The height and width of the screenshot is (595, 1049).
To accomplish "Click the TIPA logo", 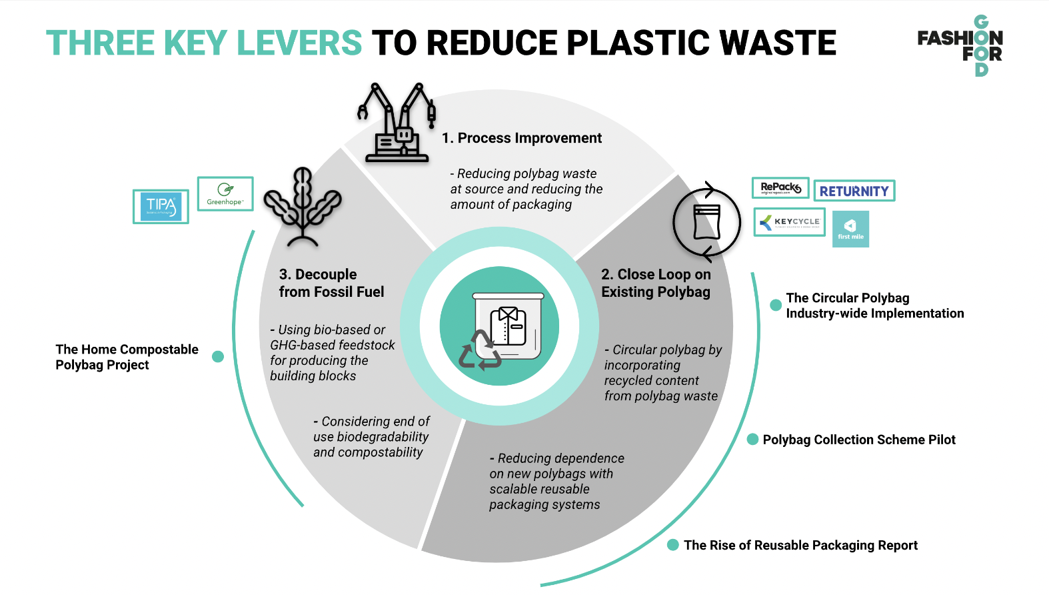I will click(161, 206).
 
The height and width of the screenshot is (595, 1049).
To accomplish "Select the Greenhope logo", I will click(225, 193).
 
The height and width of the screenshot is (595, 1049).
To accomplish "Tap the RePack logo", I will click(780, 188).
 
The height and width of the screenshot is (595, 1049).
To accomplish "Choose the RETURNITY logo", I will click(854, 191).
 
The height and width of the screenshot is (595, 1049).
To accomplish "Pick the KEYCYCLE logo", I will click(790, 222).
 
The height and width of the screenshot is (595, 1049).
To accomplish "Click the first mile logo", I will click(850, 229).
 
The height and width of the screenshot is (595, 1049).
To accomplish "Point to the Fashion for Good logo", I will click(960, 45).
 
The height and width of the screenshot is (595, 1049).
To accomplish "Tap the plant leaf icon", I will click(303, 206).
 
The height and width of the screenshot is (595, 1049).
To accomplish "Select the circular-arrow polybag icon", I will click(706, 222).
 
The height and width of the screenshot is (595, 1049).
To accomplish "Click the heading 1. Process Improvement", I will click(522, 138).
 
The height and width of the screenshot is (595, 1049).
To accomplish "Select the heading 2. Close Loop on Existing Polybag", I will click(656, 283).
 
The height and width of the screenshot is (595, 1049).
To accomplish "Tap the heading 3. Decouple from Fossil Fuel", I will click(331, 283).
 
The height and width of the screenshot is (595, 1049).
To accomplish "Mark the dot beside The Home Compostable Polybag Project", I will click(217, 357).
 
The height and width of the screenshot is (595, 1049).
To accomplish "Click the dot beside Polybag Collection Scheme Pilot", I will click(753, 439).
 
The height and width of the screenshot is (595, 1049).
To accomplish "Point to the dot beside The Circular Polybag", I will click(776, 305).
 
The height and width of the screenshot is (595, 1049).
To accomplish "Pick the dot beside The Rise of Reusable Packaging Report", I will click(673, 545).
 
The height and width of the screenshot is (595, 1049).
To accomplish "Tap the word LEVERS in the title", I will click(299, 43).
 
